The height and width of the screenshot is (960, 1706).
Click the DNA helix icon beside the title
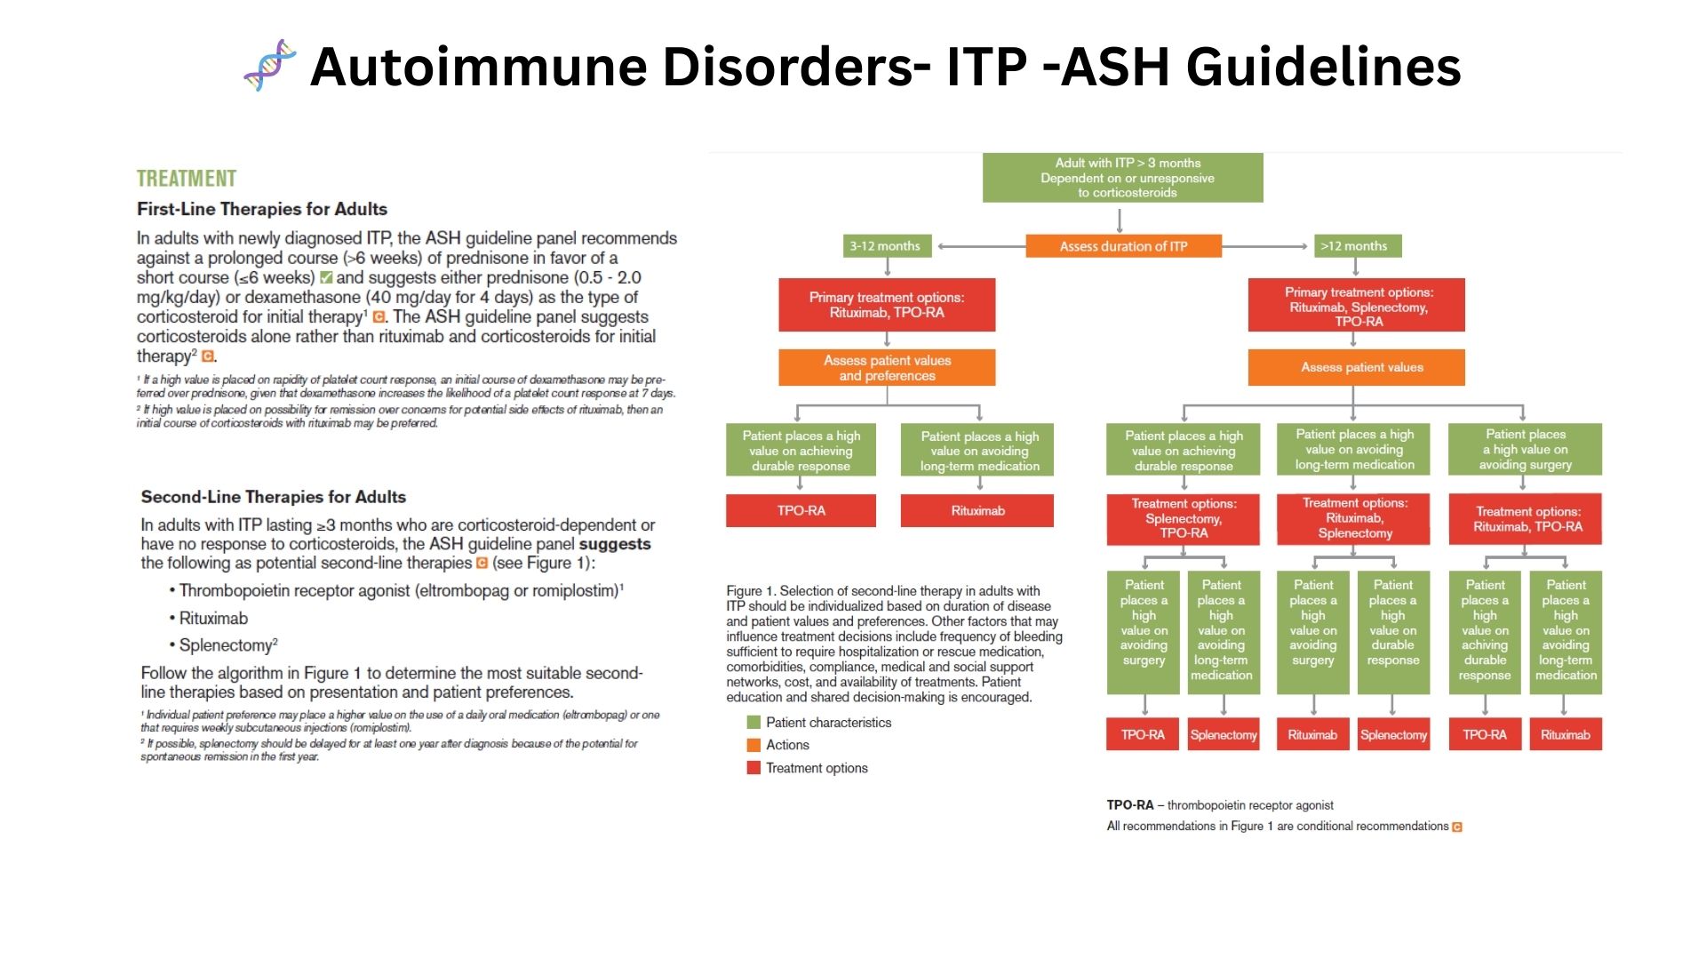coord(270,65)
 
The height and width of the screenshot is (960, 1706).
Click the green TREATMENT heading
coord(187,179)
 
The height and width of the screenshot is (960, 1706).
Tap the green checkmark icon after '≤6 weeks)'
coord(326,277)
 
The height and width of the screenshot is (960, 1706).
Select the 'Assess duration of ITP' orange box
coord(1123,246)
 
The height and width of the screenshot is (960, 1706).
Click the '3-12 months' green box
coord(885,246)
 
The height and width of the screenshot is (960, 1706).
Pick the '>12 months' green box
coord(1356,246)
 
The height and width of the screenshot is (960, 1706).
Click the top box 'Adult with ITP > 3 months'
coord(1122,178)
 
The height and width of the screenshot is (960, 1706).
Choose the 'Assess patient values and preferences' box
coord(887,368)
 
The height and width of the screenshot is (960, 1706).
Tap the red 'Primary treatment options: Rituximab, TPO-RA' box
coord(887,305)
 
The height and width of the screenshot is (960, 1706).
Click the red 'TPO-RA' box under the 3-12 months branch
coord(801,511)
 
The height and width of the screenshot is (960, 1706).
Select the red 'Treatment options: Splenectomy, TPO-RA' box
coord(1183,519)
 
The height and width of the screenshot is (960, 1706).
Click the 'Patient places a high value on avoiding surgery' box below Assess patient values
coord(1525,450)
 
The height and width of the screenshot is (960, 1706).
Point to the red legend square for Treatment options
coord(753,768)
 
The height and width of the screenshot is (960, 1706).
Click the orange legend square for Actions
coord(753,745)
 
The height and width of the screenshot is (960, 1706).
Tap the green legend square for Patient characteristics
coord(753,723)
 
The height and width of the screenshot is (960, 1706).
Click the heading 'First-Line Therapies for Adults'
coord(262,210)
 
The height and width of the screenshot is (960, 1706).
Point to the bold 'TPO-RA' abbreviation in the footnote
coord(1129,805)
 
